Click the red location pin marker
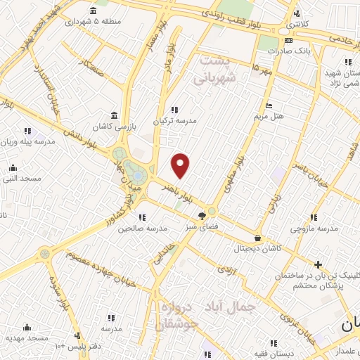click(x=181, y=166)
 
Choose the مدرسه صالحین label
click(x=143, y=229)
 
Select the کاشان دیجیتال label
click(x=259, y=249)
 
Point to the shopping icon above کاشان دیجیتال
click(x=258, y=238)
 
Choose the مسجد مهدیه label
click(x=27, y=338)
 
